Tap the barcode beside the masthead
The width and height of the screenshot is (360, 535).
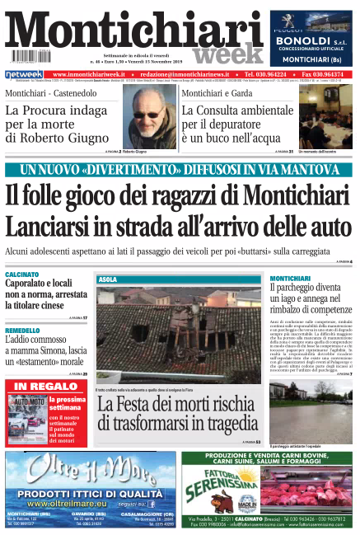pyautogui.click(x=26, y=59)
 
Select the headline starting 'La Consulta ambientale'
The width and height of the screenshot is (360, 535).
pyautogui.click(x=233, y=110)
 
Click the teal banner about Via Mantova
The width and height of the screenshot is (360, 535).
pyautogui.click(x=180, y=171)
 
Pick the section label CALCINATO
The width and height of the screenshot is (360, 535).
pyautogui.click(x=22, y=274)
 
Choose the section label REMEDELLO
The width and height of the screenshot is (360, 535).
pyautogui.click(x=23, y=330)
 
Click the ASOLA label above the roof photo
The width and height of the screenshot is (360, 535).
pyautogui.click(x=108, y=280)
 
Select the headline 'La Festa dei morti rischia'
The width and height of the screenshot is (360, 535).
pyautogui.click(x=175, y=405)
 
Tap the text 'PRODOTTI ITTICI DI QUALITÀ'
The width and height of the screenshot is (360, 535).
pyautogui.click(x=90, y=494)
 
